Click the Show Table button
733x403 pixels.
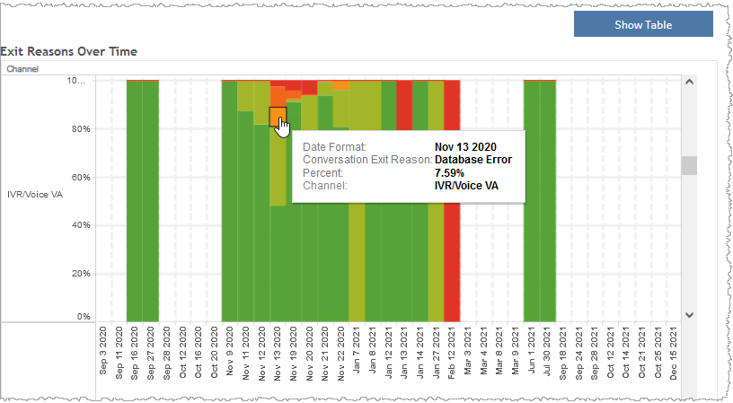point(643,24)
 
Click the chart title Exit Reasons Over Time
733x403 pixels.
point(69,52)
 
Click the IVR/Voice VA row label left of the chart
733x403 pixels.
point(34,194)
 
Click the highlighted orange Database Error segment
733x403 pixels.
point(278,116)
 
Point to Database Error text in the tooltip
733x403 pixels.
point(472,160)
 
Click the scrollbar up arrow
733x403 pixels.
point(690,81)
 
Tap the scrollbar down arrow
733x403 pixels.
point(690,315)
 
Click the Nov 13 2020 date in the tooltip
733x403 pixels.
point(464,146)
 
